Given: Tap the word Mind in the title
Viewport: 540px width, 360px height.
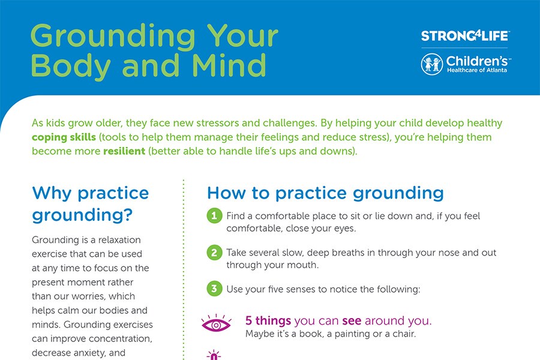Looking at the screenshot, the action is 229,65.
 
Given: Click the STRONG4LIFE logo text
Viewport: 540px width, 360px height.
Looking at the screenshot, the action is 464,36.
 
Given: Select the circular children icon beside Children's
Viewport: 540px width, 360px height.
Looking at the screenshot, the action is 432,64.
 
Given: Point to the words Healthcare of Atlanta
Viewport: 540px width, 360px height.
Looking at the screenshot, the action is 477,70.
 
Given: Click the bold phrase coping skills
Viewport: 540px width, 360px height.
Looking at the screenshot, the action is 64,137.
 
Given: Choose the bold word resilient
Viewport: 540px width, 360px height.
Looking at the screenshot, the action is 124,151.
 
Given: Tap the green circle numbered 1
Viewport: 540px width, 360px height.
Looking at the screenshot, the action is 214,216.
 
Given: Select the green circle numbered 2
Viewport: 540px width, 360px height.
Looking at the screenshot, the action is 214,253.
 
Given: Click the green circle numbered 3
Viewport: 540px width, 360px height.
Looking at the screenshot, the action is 214,289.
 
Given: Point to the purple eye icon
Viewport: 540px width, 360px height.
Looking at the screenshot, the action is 216,323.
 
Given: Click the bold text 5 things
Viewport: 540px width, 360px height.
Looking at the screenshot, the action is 268,321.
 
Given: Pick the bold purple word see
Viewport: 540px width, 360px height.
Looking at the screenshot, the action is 352,321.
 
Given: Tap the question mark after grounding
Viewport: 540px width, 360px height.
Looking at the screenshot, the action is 128,214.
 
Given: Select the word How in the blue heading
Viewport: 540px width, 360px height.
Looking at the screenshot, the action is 226,193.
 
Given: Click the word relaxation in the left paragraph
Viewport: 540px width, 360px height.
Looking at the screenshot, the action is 119,240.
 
